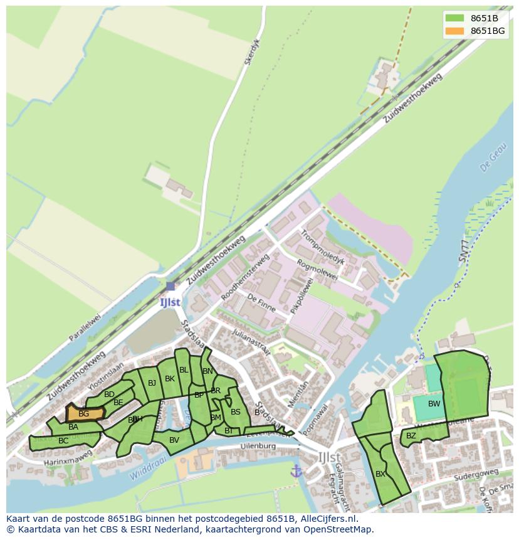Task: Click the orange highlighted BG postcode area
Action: (x=83, y=413)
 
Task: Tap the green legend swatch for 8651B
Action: (x=454, y=18)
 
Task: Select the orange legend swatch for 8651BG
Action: (x=454, y=31)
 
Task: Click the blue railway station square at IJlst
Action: (x=170, y=286)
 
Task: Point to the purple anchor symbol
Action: (x=296, y=470)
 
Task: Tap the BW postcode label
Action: (x=434, y=404)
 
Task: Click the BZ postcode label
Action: (x=411, y=435)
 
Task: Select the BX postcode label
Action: (x=380, y=474)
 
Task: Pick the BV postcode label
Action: (x=174, y=440)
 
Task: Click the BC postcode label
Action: (x=63, y=441)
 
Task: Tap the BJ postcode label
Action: (x=152, y=383)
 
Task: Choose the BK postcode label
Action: (x=169, y=378)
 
